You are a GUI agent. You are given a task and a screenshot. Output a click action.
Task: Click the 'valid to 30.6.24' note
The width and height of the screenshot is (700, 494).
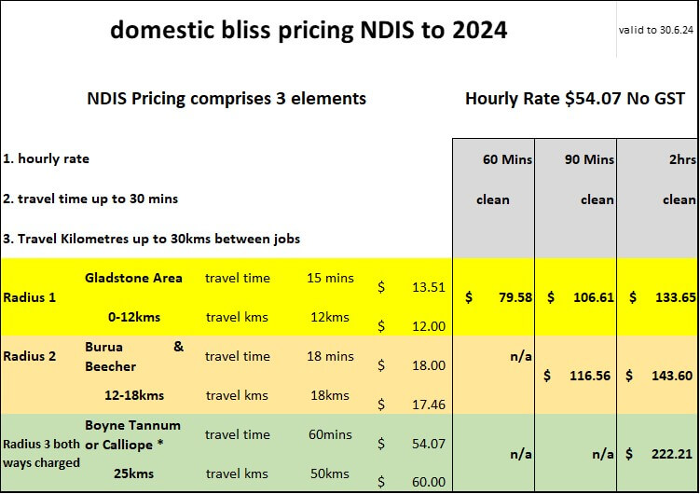656,30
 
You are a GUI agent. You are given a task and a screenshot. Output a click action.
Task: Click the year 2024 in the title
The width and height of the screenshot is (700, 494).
479,30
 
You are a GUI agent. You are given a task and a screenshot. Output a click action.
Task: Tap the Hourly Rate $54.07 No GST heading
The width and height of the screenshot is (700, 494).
575,99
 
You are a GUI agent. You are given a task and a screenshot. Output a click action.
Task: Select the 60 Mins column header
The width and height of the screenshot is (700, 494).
507,159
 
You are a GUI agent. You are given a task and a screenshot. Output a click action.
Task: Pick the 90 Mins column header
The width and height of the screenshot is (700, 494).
589,159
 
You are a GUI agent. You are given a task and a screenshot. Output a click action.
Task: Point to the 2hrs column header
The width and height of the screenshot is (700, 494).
682,159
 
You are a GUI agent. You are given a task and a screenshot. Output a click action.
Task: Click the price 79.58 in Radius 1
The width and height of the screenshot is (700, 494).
515,297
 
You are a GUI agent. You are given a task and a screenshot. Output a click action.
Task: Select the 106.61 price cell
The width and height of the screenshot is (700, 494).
594,297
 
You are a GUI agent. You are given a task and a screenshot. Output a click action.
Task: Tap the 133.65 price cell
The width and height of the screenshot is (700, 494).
676,297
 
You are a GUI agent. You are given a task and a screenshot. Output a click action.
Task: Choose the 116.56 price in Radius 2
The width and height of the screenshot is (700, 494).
590,376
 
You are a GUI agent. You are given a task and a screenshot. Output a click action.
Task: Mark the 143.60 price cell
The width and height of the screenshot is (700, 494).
672,376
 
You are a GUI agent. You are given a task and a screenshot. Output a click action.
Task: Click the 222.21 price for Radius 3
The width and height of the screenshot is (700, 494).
672,454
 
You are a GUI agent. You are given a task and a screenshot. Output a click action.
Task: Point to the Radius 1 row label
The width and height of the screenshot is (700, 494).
30,297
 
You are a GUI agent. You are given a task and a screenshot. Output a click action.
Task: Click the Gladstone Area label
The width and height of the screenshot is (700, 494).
133,278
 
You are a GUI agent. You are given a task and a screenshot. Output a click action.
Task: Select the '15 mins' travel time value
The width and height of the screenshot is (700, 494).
330,278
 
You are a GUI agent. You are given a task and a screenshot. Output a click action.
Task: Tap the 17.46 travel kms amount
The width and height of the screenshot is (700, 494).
429,405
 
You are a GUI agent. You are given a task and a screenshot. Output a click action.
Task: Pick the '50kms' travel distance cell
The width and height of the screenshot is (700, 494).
330,473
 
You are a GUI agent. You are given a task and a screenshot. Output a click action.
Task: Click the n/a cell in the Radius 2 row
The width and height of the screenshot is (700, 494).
520,356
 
